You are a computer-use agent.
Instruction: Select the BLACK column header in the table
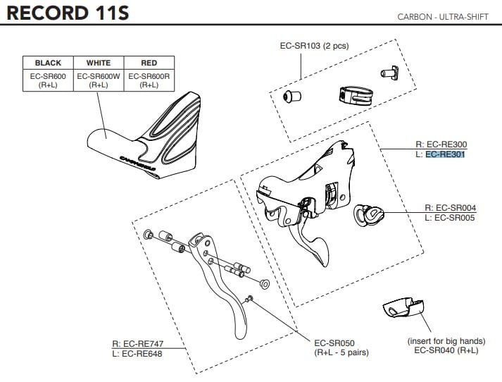point(48,63)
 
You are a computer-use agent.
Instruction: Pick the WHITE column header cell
point(98,63)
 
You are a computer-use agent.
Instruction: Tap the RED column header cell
point(149,63)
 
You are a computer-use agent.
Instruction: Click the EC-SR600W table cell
point(98,75)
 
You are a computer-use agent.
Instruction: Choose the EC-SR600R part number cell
point(149,75)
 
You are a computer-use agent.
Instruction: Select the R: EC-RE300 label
point(441,145)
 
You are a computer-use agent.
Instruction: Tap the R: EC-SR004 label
point(451,208)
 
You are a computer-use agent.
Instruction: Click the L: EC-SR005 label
point(451,218)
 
